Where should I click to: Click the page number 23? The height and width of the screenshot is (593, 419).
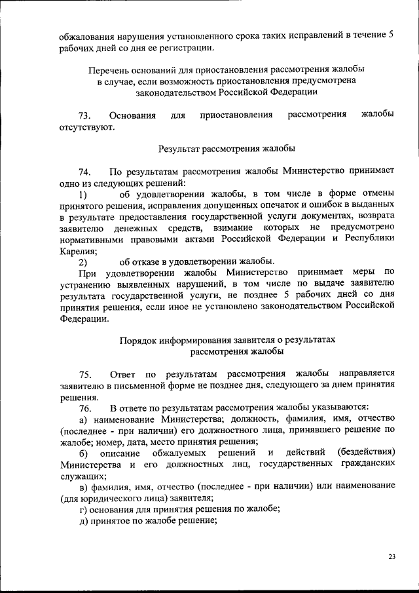pos(392,557)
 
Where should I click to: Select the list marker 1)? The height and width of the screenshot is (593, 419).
pos(82,195)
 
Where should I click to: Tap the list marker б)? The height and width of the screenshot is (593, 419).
pos(83,453)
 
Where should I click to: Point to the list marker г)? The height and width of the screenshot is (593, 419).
pos(82,509)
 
